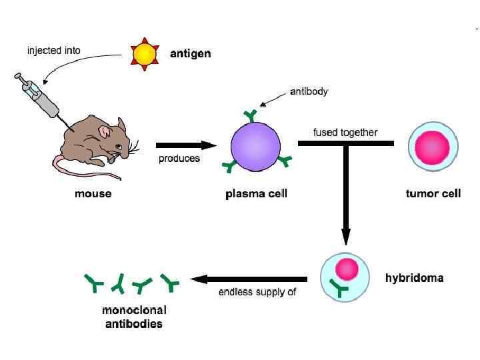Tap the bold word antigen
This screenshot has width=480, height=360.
point(190,54)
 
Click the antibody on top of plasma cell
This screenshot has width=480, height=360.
point(251,115)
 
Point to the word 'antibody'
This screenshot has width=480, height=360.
point(309,91)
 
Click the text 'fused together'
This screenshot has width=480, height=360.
point(345,132)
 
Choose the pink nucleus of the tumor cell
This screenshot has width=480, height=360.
point(433,148)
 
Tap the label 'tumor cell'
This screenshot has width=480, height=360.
point(433,194)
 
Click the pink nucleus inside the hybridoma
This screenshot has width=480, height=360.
point(347,269)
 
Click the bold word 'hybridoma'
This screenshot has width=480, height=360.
point(414,277)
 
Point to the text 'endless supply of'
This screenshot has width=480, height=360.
point(257,292)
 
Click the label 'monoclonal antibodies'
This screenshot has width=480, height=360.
point(133,317)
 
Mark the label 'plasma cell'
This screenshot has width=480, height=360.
point(256,194)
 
